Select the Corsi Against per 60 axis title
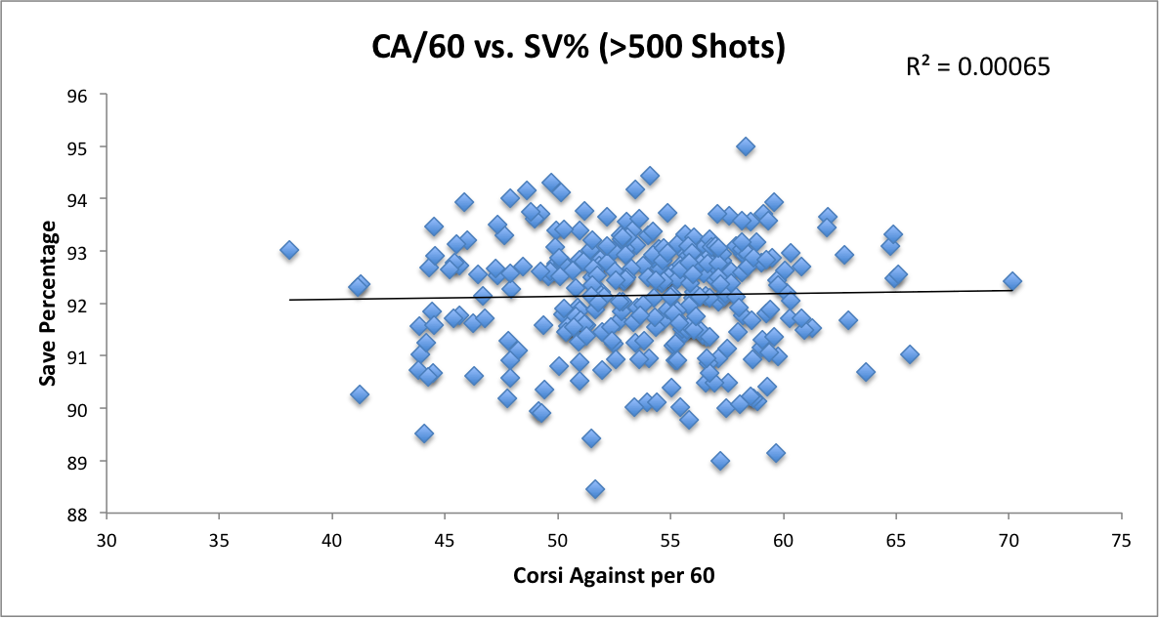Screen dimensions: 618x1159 click(x=614, y=576)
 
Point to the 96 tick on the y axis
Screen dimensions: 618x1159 click(x=78, y=96)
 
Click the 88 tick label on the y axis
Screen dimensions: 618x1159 click(x=78, y=514)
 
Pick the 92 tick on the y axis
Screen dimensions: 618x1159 click(x=78, y=305)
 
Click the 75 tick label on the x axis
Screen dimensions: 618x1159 click(x=1121, y=540)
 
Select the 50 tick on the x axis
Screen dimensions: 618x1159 click(x=557, y=540)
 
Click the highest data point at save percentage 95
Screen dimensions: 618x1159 click(x=746, y=146)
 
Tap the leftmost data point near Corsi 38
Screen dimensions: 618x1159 click(x=289, y=250)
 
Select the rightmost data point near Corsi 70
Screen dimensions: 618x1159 click(x=1012, y=281)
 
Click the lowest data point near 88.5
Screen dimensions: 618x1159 click(x=595, y=488)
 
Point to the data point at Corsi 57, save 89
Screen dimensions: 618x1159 click(x=720, y=460)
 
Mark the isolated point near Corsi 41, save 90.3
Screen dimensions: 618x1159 click(x=360, y=394)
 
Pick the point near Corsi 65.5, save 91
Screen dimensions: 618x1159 click(x=910, y=354)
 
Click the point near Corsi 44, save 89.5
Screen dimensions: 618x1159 click(x=424, y=433)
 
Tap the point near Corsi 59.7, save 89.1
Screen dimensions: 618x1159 click(x=776, y=453)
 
